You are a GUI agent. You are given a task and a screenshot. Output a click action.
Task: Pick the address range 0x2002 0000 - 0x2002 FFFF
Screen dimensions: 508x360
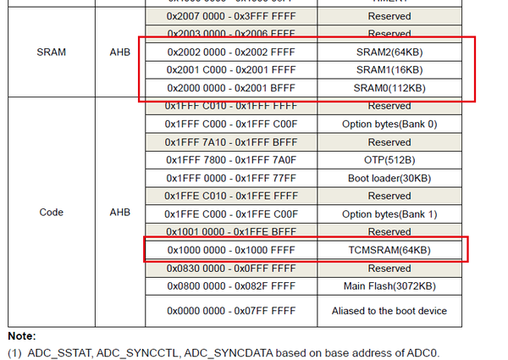tap(230, 52)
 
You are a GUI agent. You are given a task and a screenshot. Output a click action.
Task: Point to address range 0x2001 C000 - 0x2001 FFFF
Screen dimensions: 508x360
tap(230, 69)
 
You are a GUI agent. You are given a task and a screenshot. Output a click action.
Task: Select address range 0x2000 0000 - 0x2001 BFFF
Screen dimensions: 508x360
tap(230, 88)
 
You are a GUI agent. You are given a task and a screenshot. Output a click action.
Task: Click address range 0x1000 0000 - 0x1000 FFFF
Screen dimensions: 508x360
tap(230, 250)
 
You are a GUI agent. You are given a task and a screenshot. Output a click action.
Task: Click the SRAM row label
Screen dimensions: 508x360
tap(52, 53)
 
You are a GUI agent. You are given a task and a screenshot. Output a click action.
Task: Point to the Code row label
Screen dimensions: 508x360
tap(52, 212)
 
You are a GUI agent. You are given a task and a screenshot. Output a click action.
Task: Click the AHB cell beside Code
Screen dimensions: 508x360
tap(119, 212)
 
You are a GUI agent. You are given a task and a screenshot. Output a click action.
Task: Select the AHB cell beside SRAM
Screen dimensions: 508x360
tap(119, 53)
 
